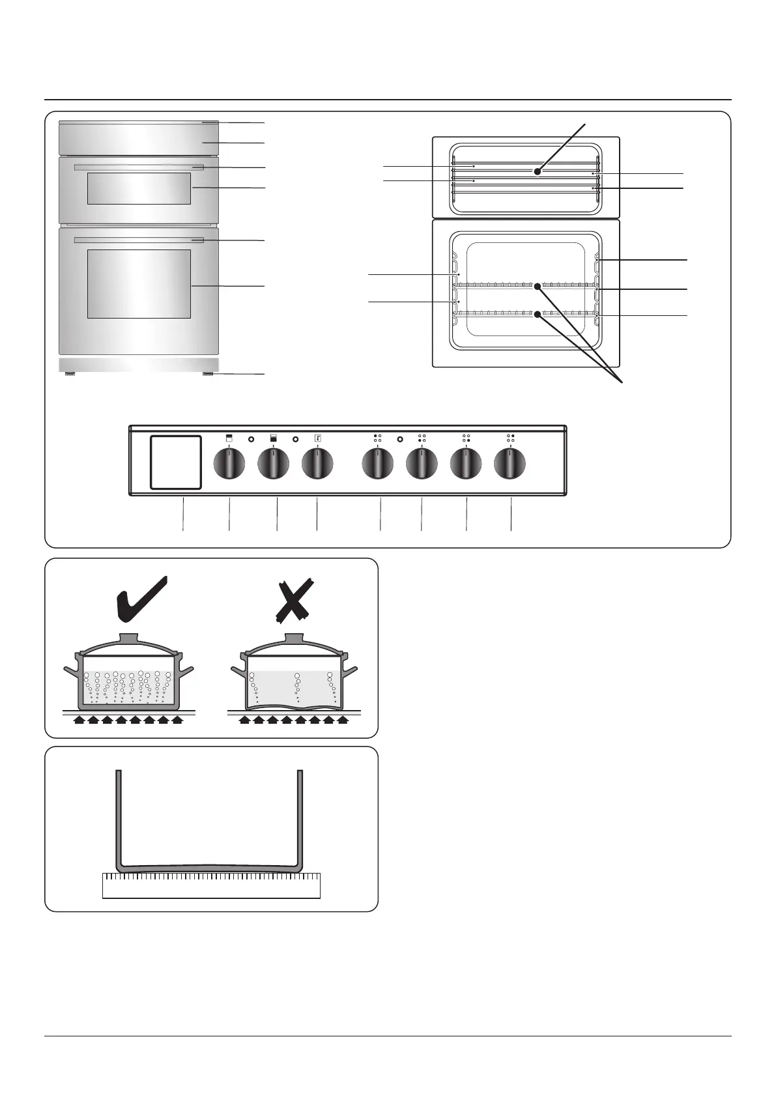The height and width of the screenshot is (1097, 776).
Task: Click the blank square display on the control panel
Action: [175, 462]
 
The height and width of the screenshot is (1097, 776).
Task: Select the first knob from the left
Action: [229, 465]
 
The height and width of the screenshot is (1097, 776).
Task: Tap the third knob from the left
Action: [317, 465]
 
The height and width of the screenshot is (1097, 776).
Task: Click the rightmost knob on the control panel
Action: [510, 465]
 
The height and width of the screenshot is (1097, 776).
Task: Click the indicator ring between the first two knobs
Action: [251, 440]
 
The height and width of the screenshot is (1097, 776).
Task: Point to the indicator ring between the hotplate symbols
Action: [399, 440]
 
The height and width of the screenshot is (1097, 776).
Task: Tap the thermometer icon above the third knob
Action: [316, 438]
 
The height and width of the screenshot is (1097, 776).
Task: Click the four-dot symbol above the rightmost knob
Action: [510, 438]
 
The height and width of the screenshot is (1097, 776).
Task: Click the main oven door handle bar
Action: [139, 240]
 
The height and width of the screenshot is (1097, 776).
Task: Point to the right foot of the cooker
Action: [208, 375]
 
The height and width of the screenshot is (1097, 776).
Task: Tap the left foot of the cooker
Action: [69, 375]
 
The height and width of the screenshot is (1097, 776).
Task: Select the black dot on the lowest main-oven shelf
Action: [538, 314]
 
